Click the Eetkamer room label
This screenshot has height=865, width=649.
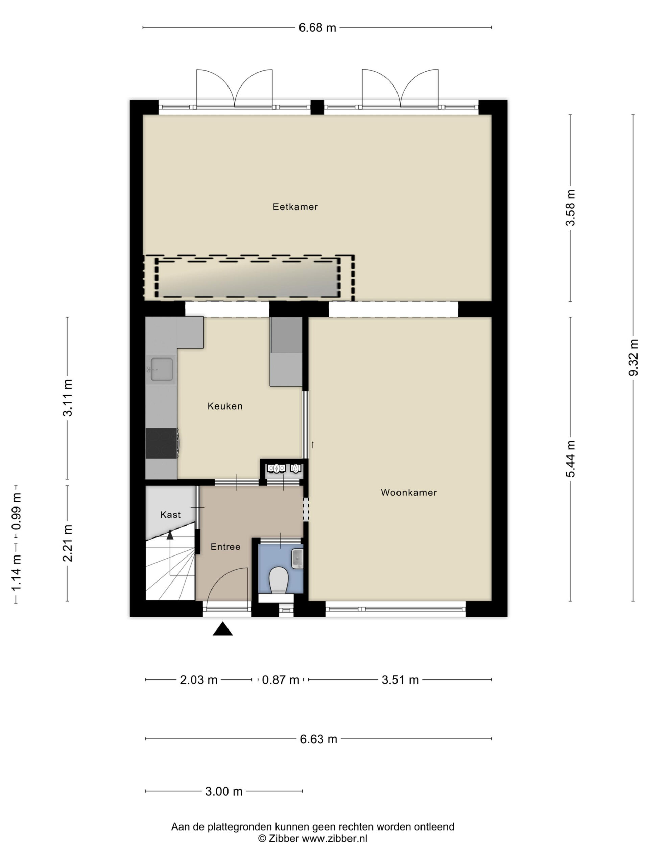(x=295, y=207)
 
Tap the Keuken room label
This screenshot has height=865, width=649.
(x=225, y=406)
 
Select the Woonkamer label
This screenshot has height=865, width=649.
(x=409, y=493)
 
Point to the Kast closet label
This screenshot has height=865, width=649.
(x=171, y=515)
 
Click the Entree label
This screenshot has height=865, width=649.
(x=225, y=547)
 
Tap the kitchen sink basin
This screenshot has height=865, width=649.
(x=162, y=369)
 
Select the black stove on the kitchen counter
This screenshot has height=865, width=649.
(x=162, y=443)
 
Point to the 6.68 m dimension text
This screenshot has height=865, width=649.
(x=317, y=28)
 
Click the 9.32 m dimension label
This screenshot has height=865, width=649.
(x=633, y=357)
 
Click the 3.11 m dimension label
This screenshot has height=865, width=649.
(x=68, y=398)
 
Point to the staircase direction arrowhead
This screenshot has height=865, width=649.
(x=170, y=535)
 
